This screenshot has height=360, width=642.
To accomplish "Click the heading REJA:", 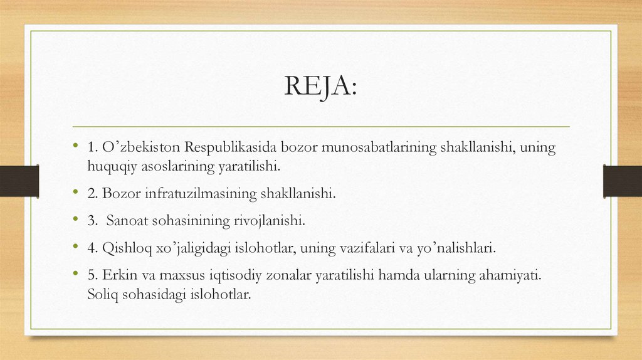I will coord(320,87).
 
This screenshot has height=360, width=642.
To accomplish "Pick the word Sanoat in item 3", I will coord(125,221).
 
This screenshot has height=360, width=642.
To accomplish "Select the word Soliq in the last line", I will coord(103,294).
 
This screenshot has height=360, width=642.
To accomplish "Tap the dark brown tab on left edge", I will coord(19,181).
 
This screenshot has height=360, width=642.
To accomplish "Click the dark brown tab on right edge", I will coord(623,181).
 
